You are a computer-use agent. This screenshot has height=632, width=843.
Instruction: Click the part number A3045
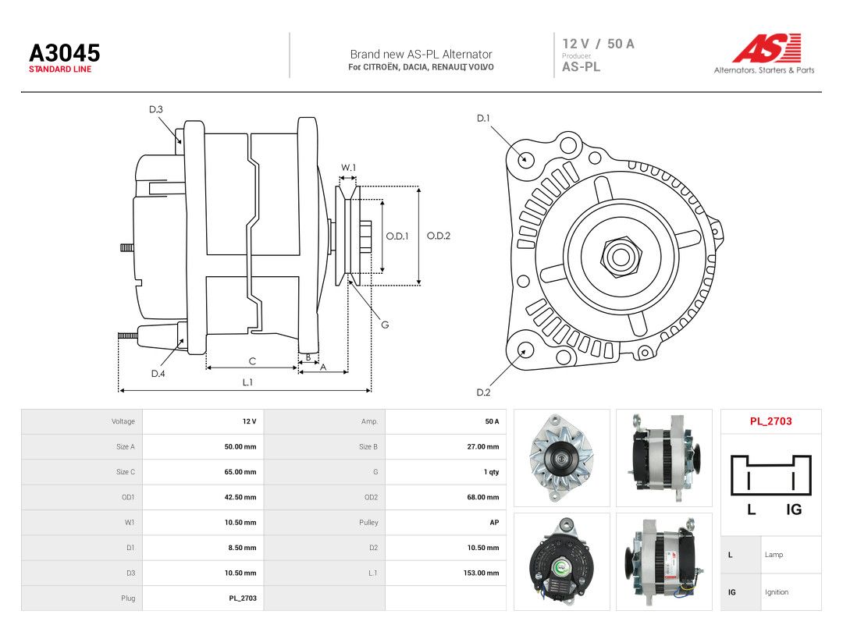65,53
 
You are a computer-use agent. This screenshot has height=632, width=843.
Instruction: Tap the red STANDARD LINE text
60,69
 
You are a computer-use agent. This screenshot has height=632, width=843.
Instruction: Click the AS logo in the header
767,48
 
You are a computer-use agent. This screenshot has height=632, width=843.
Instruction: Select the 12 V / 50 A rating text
599,44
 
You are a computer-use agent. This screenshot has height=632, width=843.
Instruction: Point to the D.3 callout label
156,110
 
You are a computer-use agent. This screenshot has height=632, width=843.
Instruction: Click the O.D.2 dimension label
439,236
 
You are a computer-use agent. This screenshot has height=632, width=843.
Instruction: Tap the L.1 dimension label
247,382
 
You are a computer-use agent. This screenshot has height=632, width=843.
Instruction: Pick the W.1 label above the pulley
348,168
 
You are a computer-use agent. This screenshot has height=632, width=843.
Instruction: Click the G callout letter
385,325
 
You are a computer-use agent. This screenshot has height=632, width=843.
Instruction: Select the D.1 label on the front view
484,119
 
